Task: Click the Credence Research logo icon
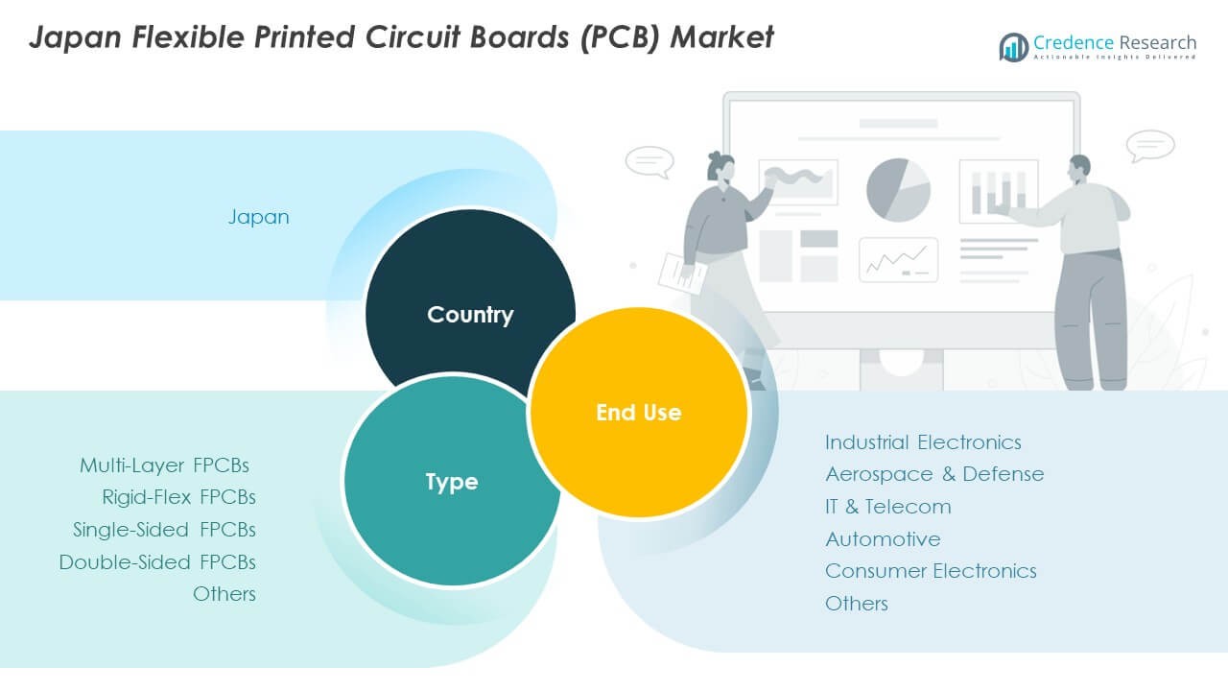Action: point(1014,47)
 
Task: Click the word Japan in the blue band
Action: point(258,217)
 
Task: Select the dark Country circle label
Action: point(470,315)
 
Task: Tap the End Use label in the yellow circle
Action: point(638,413)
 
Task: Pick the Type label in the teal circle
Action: point(451,482)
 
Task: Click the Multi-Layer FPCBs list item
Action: point(164,465)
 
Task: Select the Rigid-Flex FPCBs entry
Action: point(178,497)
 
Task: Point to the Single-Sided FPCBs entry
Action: point(164,530)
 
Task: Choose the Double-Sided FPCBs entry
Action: point(157,562)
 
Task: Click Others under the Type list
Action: point(224,594)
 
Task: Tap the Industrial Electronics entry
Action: point(923,442)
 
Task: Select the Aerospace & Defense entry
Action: point(934,474)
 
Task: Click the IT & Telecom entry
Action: point(888,507)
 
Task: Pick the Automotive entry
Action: point(883,539)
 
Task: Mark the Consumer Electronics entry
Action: point(931,571)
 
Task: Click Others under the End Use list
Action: point(857,604)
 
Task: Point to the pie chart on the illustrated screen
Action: point(898,190)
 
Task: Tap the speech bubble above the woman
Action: point(649,161)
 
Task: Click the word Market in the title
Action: point(721,36)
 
